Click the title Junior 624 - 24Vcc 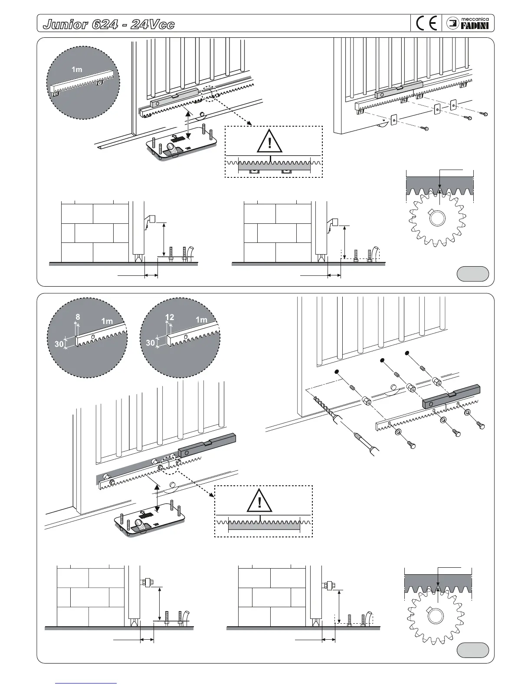(x=108, y=24)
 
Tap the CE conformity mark (x=426, y=23)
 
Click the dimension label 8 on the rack (x=77, y=317)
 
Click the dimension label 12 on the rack (x=170, y=317)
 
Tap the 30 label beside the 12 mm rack (x=151, y=343)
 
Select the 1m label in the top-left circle (x=77, y=69)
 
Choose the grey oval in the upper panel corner (x=473, y=274)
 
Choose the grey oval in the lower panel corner (x=473, y=651)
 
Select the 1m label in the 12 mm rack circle (x=201, y=320)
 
